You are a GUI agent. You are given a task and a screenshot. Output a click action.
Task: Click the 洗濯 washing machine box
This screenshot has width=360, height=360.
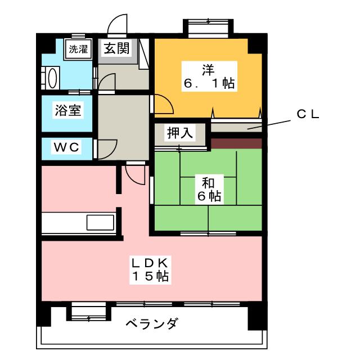[78, 49]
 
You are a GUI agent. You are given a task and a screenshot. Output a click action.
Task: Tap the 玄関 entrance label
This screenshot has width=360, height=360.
[116, 48]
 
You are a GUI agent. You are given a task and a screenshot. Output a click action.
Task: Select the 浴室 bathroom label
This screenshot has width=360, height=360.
[67, 110]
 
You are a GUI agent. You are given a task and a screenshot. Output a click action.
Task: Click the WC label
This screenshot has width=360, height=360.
[67, 147]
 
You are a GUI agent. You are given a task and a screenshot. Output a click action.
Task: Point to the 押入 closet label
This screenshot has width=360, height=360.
[179, 133]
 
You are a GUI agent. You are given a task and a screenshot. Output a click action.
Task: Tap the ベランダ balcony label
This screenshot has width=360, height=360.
[152, 324]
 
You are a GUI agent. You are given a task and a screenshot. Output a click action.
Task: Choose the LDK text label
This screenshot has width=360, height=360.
[151, 263]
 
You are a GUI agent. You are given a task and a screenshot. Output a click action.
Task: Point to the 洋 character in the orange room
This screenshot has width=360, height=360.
[208, 70]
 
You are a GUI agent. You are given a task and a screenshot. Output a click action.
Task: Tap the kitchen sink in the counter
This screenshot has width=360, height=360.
[100, 222]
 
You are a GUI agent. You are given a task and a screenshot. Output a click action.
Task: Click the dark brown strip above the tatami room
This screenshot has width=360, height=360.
[236, 143]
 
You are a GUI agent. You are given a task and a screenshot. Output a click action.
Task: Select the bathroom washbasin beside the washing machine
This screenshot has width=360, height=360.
[51, 76]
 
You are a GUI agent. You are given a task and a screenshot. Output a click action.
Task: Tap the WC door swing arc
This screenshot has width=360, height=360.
[106, 147]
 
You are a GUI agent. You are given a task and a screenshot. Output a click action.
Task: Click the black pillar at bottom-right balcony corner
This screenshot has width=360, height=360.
[256, 319]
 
